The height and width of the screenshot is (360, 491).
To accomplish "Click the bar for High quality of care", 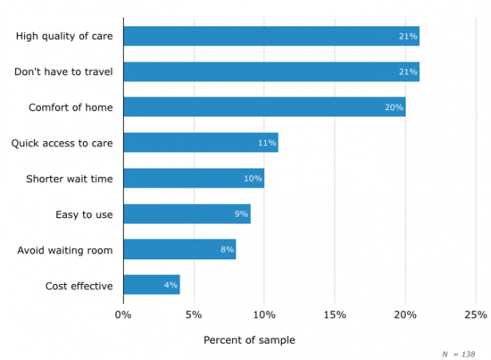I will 271,36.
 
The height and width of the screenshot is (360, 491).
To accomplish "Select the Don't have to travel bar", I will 271,72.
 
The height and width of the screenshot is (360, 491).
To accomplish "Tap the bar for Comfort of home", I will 264,107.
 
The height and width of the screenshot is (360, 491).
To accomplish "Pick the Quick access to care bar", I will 200,143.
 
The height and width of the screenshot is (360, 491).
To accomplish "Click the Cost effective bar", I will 152,285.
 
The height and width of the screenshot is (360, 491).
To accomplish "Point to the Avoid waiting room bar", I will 180,250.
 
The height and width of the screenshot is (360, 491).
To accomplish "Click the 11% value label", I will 267,143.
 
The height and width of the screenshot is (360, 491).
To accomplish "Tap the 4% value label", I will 171,285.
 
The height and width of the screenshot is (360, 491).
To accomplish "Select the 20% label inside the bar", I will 394,107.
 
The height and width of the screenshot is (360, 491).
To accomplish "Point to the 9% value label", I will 241,214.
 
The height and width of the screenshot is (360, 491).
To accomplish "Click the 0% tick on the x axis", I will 123,315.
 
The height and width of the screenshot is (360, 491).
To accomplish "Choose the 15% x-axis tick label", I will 335,315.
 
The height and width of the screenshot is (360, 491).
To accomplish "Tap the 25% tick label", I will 475,315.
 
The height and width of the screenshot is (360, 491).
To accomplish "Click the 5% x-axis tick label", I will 193,315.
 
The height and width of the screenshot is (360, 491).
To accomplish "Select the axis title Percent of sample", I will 249,340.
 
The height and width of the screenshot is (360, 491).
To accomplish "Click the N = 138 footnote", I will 458,353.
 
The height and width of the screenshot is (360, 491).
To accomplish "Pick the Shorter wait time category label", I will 69,179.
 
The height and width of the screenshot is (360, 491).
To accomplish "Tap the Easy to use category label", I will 84,214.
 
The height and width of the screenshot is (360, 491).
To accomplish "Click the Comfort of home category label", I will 71,107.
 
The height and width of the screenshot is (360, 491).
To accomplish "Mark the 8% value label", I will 227,250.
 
